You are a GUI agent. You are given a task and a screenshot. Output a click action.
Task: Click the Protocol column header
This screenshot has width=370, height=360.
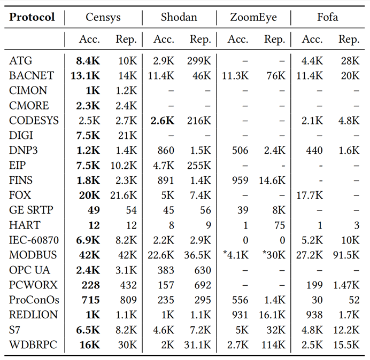(32, 17)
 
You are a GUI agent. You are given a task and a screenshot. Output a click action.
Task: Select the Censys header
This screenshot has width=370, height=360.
(104, 17)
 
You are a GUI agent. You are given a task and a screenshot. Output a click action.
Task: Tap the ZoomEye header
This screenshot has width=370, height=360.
(253, 17)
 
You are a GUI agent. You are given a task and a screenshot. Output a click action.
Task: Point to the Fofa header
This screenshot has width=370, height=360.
(327, 17)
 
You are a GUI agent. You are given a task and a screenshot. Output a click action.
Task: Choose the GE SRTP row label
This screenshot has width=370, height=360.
(32, 210)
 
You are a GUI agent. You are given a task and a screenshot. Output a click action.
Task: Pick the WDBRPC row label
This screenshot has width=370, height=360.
(32, 345)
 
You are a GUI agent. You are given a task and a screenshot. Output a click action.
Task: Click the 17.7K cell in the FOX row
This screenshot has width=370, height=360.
(310, 195)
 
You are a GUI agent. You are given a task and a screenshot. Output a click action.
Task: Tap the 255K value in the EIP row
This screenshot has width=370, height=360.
(200, 165)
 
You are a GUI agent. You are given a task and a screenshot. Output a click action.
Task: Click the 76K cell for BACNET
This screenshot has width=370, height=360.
(276, 75)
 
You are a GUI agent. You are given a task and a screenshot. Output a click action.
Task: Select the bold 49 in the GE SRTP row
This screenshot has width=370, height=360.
(94, 210)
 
